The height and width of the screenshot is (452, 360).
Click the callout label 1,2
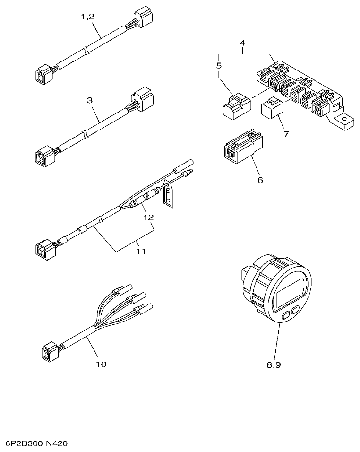point(87,17)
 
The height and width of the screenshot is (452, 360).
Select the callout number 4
point(242,43)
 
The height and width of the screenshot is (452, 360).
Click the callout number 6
point(260,180)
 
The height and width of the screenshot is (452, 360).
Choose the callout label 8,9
point(278,365)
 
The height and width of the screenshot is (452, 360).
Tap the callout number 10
point(101,364)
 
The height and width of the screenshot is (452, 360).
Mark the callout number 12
point(149,217)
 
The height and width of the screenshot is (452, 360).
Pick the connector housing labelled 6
point(240,148)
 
